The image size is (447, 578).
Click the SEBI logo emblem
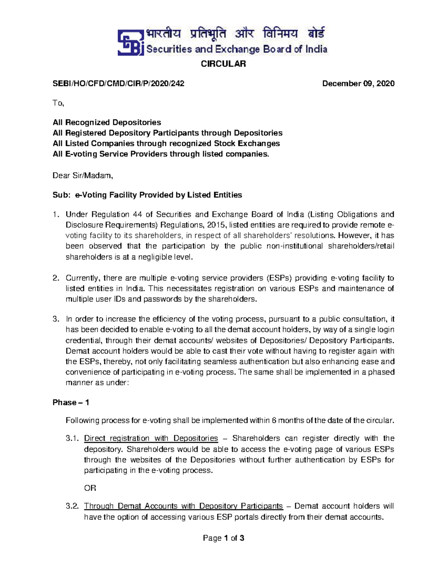131,42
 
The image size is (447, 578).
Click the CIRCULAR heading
223,64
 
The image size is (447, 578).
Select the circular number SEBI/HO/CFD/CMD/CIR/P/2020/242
118,83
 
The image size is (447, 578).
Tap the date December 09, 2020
358,83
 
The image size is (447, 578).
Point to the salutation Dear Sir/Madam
83,175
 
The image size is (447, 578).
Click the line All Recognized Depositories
107,122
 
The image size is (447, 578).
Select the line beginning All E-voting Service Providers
161,154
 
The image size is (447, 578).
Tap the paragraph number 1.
56,214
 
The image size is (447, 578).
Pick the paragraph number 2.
56,278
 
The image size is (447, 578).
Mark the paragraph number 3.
56,319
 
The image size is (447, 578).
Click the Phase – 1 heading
71,402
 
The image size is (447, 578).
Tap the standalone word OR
90,488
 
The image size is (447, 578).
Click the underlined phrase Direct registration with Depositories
151,438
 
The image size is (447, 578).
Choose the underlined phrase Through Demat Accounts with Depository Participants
183,506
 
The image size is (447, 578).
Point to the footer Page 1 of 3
223,538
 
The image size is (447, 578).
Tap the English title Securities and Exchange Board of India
237,49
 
